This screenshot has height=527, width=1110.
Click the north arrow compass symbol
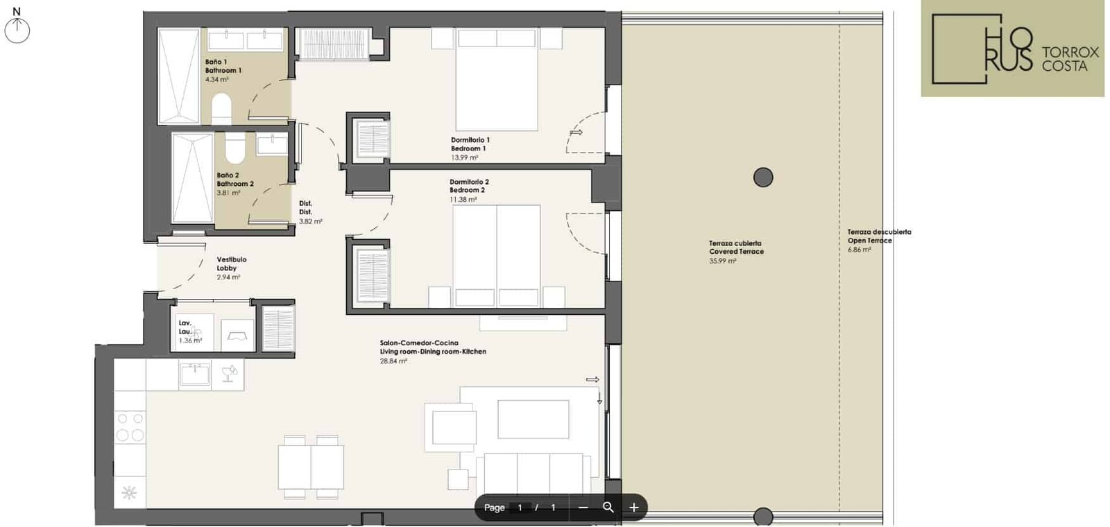(x=17, y=26)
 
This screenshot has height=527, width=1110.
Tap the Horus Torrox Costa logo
(x=1012, y=48)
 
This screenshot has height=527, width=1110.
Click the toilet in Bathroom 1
(x=221, y=108)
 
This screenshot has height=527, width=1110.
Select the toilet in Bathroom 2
(x=235, y=147)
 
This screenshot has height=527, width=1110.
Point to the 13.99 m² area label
(x=464, y=158)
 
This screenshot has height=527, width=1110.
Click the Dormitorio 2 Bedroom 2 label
(x=469, y=186)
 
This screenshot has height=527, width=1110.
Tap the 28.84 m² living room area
(x=393, y=361)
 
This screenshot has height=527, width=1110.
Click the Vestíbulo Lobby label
(x=232, y=263)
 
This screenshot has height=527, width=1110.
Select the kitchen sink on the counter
(x=195, y=374)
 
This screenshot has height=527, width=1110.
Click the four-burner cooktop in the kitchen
(x=130, y=427)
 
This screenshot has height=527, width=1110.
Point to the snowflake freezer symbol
(x=129, y=492)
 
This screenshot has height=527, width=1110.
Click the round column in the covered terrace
(x=763, y=177)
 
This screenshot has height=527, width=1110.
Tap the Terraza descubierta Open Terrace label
(x=879, y=236)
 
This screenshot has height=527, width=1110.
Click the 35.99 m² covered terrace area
(x=722, y=261)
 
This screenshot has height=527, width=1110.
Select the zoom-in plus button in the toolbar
(x=634, y=507)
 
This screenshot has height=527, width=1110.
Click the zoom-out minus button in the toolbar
(x=583, y=507)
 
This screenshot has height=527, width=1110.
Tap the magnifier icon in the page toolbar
(x=608, y=507)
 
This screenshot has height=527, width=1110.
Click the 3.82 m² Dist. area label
(x=311, y=221)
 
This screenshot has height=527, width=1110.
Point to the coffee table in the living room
(x=533, y=419)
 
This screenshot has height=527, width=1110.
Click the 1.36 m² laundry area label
(x=190, y=340)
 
